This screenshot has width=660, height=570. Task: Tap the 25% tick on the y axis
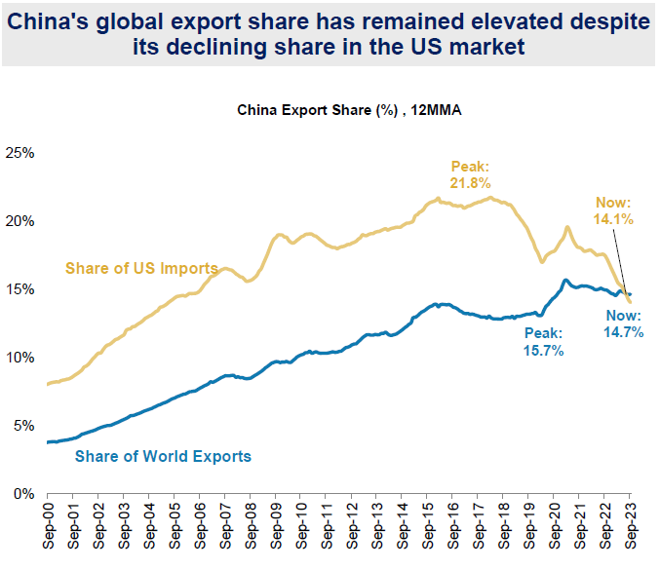(x=20, y=153)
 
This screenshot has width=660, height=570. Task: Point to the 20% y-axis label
(x=20, y=221)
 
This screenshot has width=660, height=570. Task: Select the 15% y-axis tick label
(x=20, y=289)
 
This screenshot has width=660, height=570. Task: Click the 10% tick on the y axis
(x=20, y=358)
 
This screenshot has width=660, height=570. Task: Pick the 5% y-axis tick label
(x=23, y=426)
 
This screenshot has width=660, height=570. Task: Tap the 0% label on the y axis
(x=23, y=494)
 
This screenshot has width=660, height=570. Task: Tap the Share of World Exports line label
(x=163, y=455)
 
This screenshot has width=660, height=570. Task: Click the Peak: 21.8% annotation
(x=470, y=174)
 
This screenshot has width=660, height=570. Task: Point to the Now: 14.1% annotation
(x=614, y=211)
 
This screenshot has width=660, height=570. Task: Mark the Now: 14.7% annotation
(x=623, y=325)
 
